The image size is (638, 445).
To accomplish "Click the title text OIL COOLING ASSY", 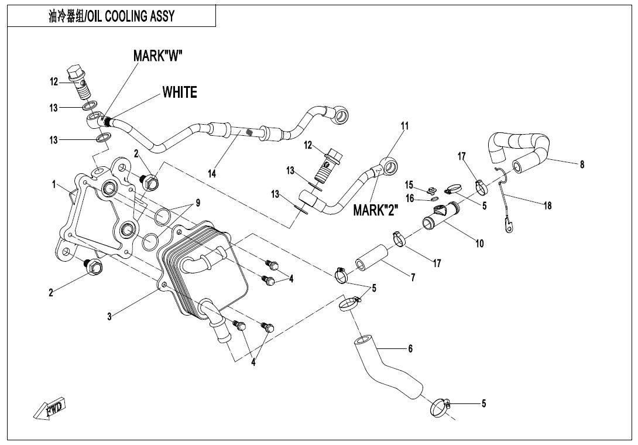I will [x=111, y=16].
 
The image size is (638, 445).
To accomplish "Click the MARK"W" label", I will [x=158, y=56].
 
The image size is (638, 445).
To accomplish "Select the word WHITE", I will [x=180, y=93].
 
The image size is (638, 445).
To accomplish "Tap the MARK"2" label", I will [x=376, y=210].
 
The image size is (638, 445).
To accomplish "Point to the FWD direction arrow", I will [x=50, y=408].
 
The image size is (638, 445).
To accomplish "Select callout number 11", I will [x=404, y=126].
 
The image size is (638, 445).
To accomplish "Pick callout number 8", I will [x=582, y=165].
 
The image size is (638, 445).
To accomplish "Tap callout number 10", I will [x=479, y=243].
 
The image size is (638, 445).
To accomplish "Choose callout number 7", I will [x=413, y=278].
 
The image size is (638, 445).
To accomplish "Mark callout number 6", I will [x=410, y=348].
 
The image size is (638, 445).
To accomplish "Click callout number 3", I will [x=109, y=317].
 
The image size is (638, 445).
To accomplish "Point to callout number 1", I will [x=54, y=184].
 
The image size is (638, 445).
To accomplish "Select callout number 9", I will [x=198, y=203].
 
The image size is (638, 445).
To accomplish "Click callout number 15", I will [x=410, y=184].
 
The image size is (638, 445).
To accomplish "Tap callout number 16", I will [x=410, y=199].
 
